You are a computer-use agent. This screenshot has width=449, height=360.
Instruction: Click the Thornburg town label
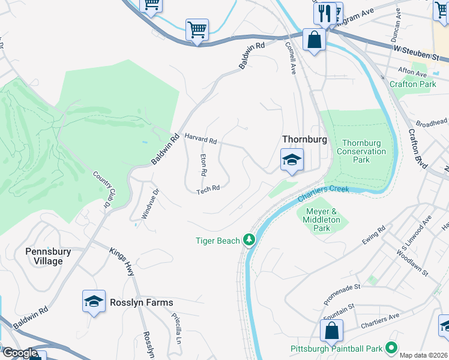(x=304, y=139)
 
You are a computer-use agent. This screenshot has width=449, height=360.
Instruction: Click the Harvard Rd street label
(x=200, y=139)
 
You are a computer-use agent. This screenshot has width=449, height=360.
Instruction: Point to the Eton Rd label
(x=203, y=164)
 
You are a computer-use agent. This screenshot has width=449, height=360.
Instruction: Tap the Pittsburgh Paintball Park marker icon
(x=391, y=348)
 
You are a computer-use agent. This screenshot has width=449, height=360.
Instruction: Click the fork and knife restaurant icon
(x=325, y=13)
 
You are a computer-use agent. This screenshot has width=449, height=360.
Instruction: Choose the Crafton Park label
(x=412, y=85)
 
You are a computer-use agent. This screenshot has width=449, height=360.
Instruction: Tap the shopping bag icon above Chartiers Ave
(x=331, y=330)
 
